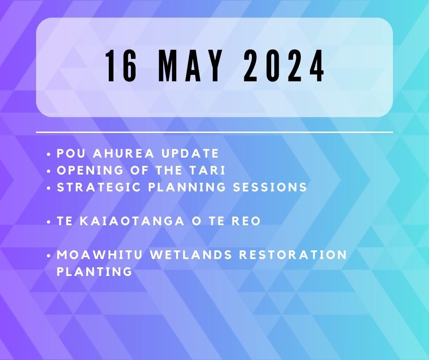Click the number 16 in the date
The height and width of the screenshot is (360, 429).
[x=121, y=66]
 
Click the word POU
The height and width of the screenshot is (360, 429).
[x=69, y=154]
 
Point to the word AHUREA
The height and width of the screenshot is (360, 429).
[x=124, y=154]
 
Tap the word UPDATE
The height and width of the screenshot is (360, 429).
[x=190, y=154]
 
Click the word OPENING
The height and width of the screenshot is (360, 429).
[x=90, y=170]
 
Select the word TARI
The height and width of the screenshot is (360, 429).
[x=211, y=170]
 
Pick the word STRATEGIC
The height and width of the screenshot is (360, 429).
[x=99, y=187]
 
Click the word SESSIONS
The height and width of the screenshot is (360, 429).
[x=270, y=187]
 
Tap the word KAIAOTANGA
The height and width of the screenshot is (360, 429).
[x=132, y=221]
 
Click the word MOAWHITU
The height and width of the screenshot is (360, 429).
[x=99, y=255]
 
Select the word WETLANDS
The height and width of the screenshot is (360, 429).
[x=191, y=255]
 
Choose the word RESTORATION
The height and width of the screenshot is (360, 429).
[x=293, y=255]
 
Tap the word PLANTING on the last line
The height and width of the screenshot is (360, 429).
[x=94, y=272]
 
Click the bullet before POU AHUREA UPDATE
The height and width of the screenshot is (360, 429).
[x=49, y=154]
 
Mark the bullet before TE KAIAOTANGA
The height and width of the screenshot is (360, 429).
[x=49, y=222]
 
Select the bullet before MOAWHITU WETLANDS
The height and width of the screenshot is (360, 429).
[x=49, y=256]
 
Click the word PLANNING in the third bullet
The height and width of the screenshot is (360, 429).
[x=187, y=187]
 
